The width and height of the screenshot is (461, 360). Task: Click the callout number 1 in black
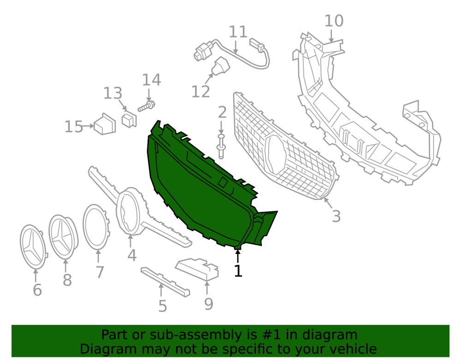(x=238, y=271)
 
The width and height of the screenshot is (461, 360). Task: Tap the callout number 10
(x=334, y=21)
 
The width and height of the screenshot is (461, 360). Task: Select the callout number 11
(x=238, y=32)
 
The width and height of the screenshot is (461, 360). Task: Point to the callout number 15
(x=73, y=127)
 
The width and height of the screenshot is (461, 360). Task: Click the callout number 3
(x=336, y=216)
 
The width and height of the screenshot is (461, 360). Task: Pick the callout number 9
(x=208, y=304)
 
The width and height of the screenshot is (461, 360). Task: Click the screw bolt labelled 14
(x=147, y=106)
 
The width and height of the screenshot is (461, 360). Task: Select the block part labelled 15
(x=105, y=124)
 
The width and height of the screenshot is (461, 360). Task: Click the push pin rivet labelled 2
(x=221, y=147)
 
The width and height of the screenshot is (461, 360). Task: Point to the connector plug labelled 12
(x=220, y=66)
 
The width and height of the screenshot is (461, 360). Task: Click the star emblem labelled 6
(x=33, y=247)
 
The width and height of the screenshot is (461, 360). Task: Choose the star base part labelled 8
(x=63, y=237)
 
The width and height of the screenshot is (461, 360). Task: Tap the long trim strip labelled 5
(x=165, y=282)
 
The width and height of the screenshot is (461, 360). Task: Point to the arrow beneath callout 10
(x=331, y=35)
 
